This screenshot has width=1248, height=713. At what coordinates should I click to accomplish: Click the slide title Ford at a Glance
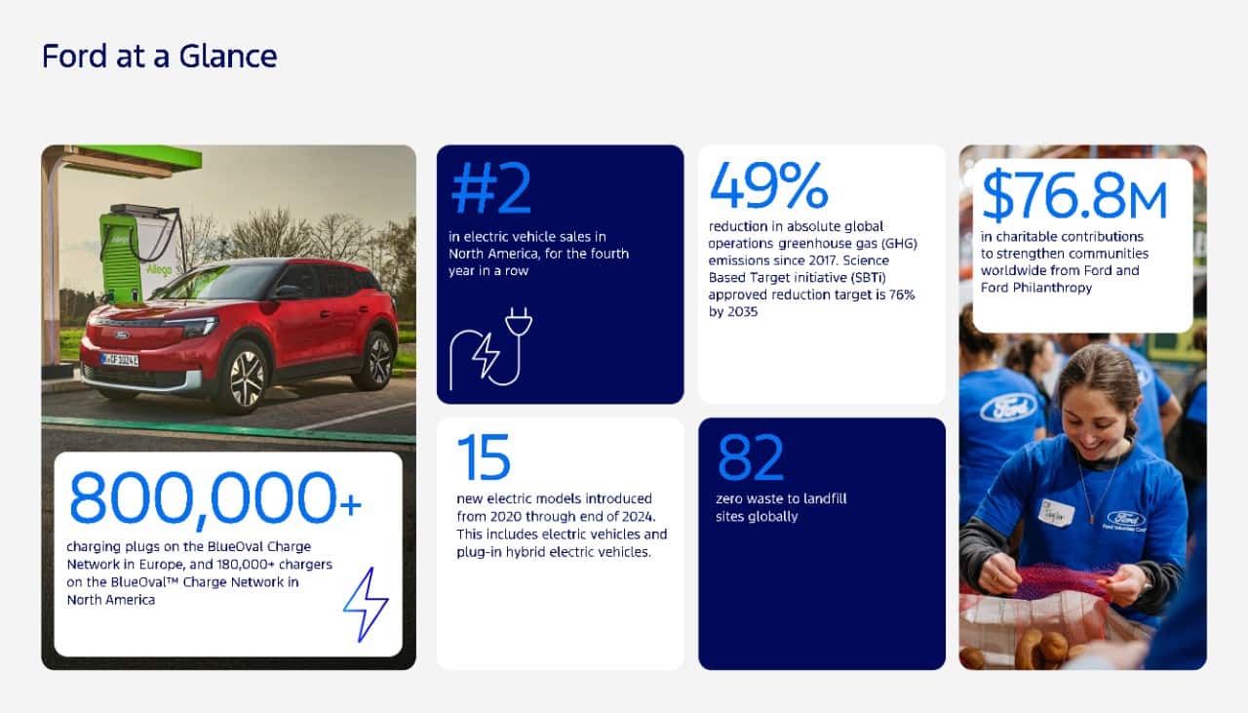[x=159, y=57]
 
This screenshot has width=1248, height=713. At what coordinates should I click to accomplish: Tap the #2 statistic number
[x=490, y=188]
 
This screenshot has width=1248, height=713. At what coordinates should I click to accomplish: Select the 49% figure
[x=768, y=184]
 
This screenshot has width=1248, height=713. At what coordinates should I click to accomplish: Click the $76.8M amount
[x=1073, y=195]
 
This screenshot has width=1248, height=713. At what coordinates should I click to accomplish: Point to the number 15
[x=483, y=457]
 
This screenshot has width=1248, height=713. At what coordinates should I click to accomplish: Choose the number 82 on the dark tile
[x=751, y=457]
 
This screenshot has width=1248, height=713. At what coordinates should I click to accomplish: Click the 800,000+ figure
[x=215, y=499]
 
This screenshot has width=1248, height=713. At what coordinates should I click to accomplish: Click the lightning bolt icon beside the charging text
[x=366, y=605]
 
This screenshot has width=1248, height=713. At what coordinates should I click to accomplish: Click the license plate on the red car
[x=119, y=360]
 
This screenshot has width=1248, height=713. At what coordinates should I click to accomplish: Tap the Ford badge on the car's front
[x=122, y=335]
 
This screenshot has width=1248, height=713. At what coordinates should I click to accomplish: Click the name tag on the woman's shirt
[x=1056, y=513]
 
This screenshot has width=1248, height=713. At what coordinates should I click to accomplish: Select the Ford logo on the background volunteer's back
[x=1008, y=407]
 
